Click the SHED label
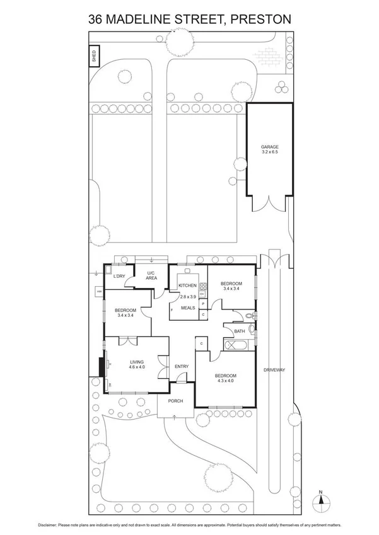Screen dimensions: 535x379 tap(93, 55)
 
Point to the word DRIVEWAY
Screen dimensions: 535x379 tap(275, 371)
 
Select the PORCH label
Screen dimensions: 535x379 tap(175, 401)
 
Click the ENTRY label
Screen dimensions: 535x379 tap(182, 367)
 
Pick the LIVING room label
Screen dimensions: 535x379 tap(137, 362)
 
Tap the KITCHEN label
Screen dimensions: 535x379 tap(187, 285)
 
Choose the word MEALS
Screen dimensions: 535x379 tap(187, 308)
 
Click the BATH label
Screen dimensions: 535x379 tap(239, 331)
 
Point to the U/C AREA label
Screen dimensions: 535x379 tap(151, 275)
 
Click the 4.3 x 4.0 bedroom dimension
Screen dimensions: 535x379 tap(225, 380)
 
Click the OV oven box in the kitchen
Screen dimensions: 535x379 tap(202, 294)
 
